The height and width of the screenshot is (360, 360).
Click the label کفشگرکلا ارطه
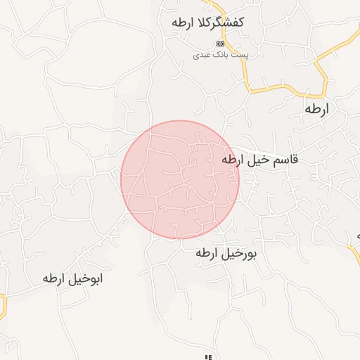tap(207, 22)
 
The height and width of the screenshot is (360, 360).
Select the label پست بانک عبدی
tap(215, 54)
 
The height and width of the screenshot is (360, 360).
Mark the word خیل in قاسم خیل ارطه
tap(257, 160)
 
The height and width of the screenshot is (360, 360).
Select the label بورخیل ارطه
tap(226, 254)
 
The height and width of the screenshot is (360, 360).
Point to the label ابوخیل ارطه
tap(72, 278)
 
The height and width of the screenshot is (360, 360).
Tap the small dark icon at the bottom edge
tap(208, 357)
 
